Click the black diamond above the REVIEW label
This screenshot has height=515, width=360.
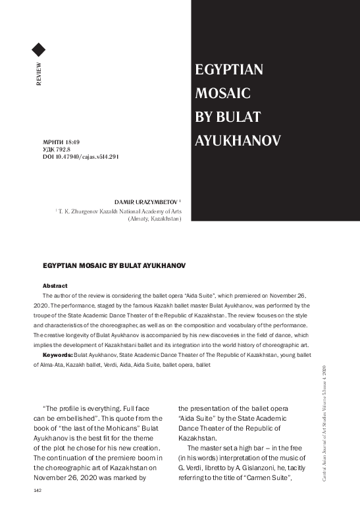pyautogui.click(x=38, y=49)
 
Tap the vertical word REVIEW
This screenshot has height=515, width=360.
pyautogui.click(x=39, y=75)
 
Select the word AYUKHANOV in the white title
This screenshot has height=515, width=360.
pyautogui.click(x=238, y=141)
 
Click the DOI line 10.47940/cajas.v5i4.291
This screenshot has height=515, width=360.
pyautogui.click(x=80, y=157)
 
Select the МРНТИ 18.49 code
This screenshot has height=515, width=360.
pyautogui.click(x=61, y=142)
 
